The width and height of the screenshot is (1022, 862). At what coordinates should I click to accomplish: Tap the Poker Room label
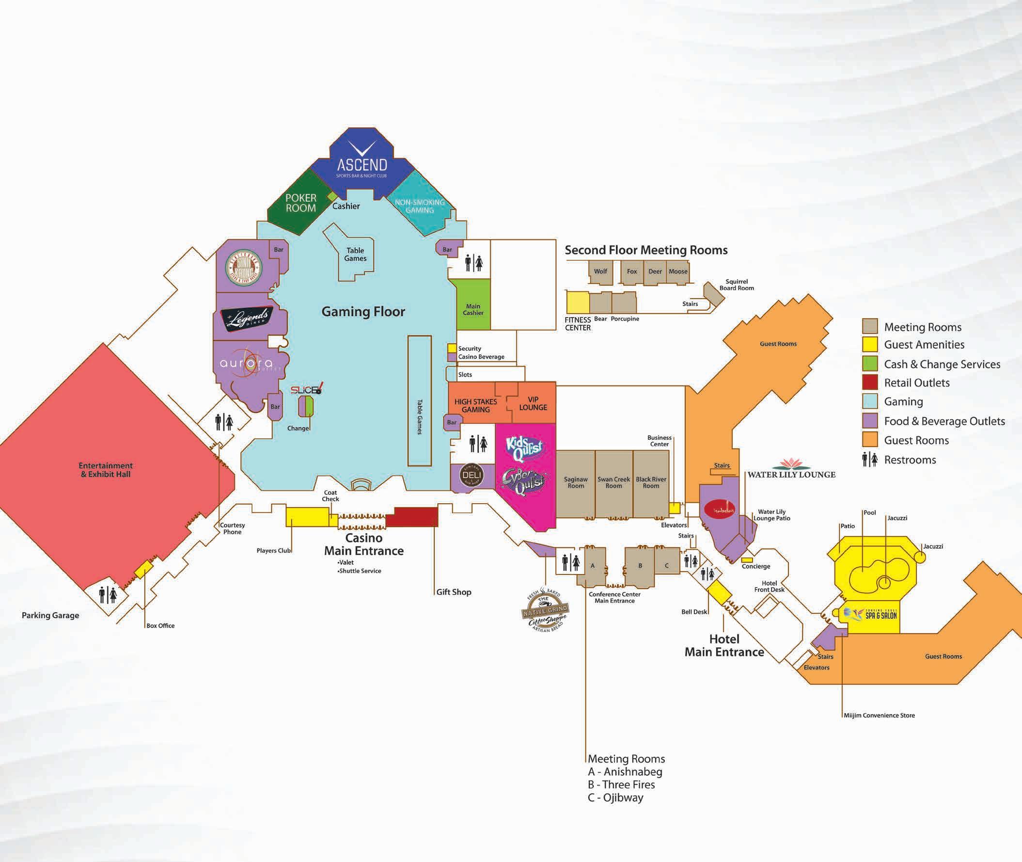(x=300, y=203)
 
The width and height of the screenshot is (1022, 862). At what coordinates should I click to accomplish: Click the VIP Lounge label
(x=533, y=403)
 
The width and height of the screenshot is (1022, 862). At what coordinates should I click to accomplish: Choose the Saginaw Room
(x=576, y=483)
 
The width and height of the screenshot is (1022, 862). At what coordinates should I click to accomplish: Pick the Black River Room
(x=651, y=483)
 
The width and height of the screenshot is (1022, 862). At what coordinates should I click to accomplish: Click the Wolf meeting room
(x=600, y=271)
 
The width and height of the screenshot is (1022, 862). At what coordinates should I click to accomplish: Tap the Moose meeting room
(x=678, y=271)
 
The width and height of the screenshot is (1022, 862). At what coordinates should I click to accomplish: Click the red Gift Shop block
(x=415, y=516)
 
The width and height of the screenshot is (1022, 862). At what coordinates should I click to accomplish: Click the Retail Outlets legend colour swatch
(x=869, y=383)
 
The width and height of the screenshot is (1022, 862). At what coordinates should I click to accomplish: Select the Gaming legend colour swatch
(x=869, y=402)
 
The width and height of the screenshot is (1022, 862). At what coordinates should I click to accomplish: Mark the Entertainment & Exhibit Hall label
(x=106, y=470)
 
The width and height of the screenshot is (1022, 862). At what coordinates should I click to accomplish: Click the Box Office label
(x=160, y=625)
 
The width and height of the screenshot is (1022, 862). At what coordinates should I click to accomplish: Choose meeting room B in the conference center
(x=640, y=566)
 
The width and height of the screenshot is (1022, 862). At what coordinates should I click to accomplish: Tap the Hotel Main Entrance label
(x=724, y=645)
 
